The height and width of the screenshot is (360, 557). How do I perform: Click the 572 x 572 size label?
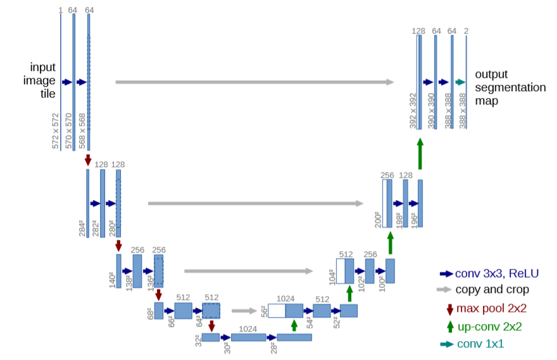(x=56, y=131)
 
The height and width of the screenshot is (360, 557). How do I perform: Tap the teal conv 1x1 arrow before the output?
(x=460, y=82)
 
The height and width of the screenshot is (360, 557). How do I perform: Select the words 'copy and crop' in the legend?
(x=492, y=289)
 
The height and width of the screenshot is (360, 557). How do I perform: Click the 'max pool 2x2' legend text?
(x=491, y=308)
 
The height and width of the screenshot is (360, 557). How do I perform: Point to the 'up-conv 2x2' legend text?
(x=489, y=326)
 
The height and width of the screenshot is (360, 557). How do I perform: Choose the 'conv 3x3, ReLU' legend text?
(x=497, y=273)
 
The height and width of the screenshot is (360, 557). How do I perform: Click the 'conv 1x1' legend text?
(x=480, y=344)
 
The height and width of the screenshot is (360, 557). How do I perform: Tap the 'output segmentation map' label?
(x=510, y=87)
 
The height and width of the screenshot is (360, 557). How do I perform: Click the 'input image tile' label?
(x=39, y=80)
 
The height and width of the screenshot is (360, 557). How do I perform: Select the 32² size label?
(x=198, y=340)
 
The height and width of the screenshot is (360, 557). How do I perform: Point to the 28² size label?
(x=273, y=347)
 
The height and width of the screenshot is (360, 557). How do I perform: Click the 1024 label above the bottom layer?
(x=247, y=329)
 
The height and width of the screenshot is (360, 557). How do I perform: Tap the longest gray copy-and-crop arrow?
(x=254, y=82)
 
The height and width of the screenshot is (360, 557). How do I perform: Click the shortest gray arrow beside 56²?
(x=244, y=311)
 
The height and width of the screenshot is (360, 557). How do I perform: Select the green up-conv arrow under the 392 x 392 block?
(x=420, y=154)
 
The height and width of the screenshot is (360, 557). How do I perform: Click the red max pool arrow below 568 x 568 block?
(x=88, y=160)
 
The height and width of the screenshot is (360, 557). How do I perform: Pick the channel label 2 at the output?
(x=466, y=31)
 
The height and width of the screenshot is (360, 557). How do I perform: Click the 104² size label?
(x=332, y=277)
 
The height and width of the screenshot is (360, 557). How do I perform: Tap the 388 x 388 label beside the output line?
(x=462, y=111)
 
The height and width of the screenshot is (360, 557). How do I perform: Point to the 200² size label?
(x=378, y=220)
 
